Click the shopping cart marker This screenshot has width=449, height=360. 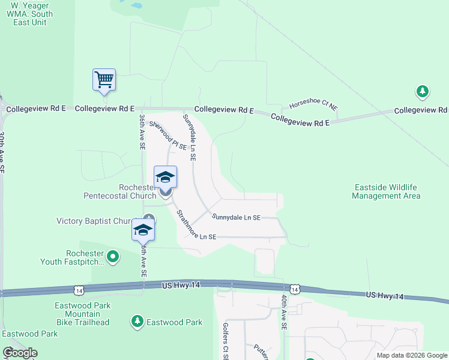[104, 79]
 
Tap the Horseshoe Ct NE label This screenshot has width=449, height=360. [313, 104]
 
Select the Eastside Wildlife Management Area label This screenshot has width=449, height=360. [386, 191]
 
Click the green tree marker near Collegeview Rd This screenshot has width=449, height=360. [423, 91]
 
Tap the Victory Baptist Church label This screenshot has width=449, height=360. [96, 221]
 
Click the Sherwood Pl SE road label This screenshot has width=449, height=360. [168, 136]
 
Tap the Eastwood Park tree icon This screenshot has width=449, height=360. [137, 322]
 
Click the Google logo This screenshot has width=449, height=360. [19, 353]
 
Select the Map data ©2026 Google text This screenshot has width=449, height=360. [412, 355]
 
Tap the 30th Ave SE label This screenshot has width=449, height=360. [2, 153]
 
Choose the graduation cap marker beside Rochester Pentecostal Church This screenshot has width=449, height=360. [166, 177]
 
